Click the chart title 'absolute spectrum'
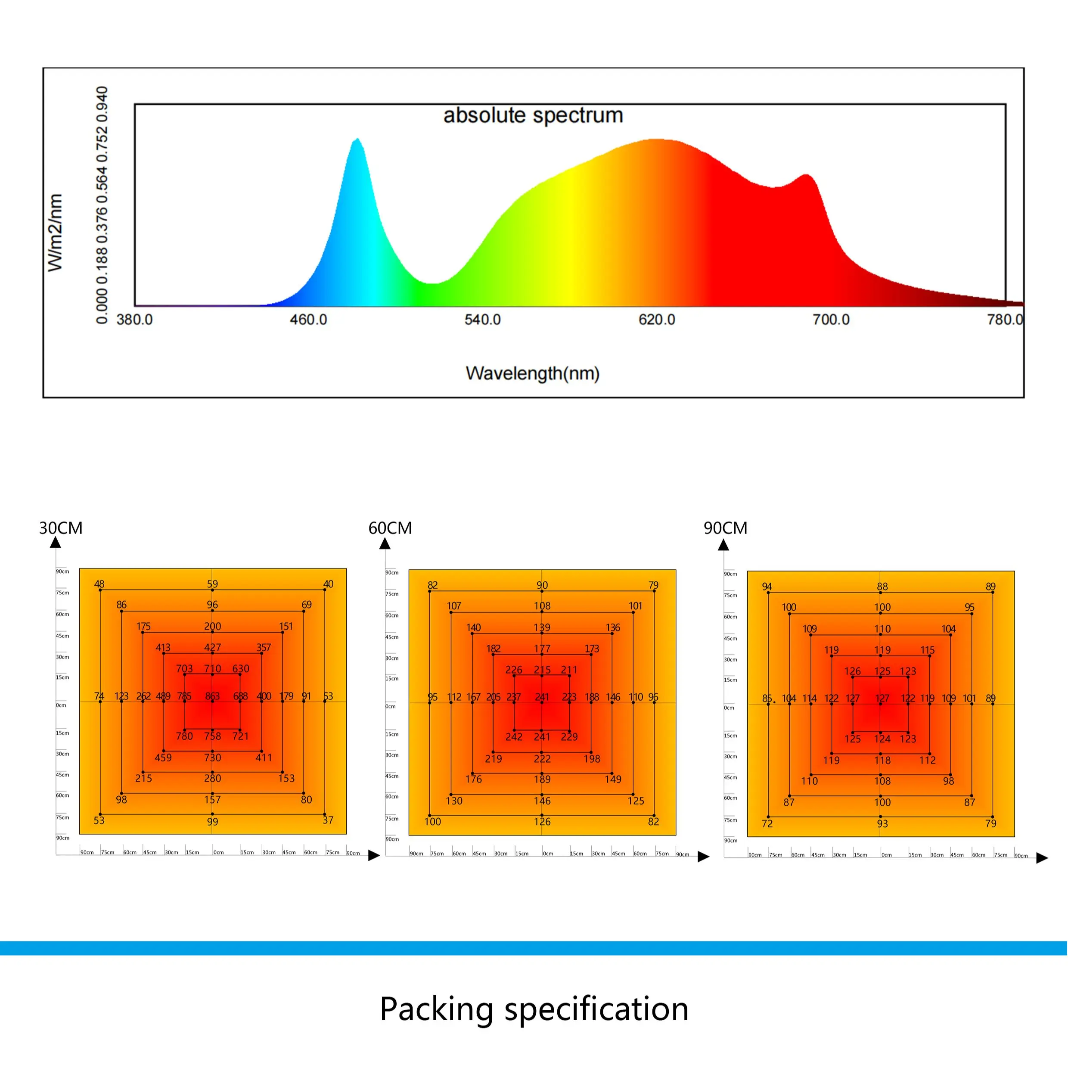533,115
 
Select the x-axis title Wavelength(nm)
532,374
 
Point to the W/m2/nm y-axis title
55,233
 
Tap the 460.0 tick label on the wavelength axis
308,320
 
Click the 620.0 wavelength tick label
657,320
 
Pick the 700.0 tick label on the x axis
831,320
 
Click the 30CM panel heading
61,528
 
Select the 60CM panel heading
390,528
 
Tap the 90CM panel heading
725,528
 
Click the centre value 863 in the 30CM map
212,696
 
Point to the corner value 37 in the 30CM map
328,820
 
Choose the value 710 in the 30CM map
212,669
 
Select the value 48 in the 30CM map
99,584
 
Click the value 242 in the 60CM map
514,737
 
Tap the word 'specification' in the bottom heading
596,1009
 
